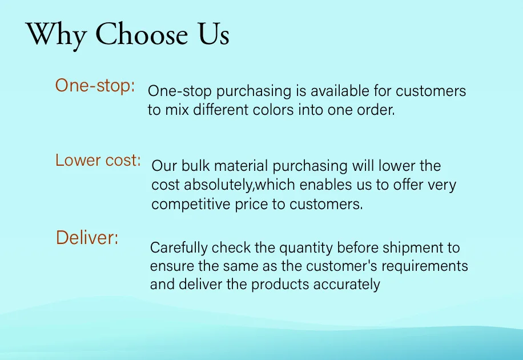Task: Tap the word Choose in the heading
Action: pyautogui.click(x=142, y=34)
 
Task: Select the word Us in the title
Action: pyautogui.click(x=214, y=34)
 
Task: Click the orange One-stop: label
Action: pyautogui.click(x=95, y=86)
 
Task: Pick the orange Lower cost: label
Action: pyautogui.click(x=98, y=161)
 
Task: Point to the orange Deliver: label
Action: pyautogui.click(x=87, y=238)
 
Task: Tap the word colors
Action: pyautogui.click(x=273, y=110)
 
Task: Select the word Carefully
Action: pyautogui.click(x=179, y=248)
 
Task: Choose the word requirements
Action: pyautogui.click(x=425, y=266)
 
